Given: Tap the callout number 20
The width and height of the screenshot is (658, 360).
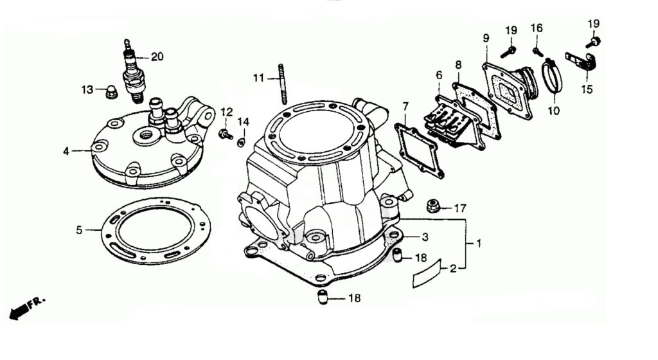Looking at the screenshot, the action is click(x=157, y=57).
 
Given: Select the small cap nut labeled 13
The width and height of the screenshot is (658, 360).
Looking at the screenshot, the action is click(x=111, y=91).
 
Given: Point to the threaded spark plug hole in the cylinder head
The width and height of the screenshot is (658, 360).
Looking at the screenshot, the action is click(x=147, y=135).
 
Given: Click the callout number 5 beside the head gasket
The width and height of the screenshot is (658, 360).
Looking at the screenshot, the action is click(x=79, y=230).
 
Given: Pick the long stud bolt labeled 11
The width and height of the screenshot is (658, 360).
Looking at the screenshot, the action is click(x=281, y=84).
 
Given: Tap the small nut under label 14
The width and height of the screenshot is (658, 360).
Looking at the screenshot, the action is click(x=242, y=143).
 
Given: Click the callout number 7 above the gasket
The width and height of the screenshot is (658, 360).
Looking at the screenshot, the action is click(x=405, y=107).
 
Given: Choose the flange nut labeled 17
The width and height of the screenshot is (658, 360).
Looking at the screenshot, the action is click(x=434, y=206).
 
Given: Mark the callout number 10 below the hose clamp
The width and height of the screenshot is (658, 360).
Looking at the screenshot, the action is click(x=553, y=111).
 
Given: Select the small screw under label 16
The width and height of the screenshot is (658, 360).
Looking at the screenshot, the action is click(x=538, y=52).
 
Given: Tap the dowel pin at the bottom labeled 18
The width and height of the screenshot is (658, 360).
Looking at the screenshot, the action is click(x=323, y=296).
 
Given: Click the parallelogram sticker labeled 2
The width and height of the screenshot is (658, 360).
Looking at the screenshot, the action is click(x=427, y=273).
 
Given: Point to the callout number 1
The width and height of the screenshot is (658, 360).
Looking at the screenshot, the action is click(x=479, y=244).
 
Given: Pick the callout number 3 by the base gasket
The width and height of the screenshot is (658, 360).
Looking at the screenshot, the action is click(x=425, y=237).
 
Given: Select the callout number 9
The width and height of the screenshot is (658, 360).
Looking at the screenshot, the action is click(x=486, y=38).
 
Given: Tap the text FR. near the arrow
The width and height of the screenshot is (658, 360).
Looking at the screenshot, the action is click(x=37, y=303).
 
